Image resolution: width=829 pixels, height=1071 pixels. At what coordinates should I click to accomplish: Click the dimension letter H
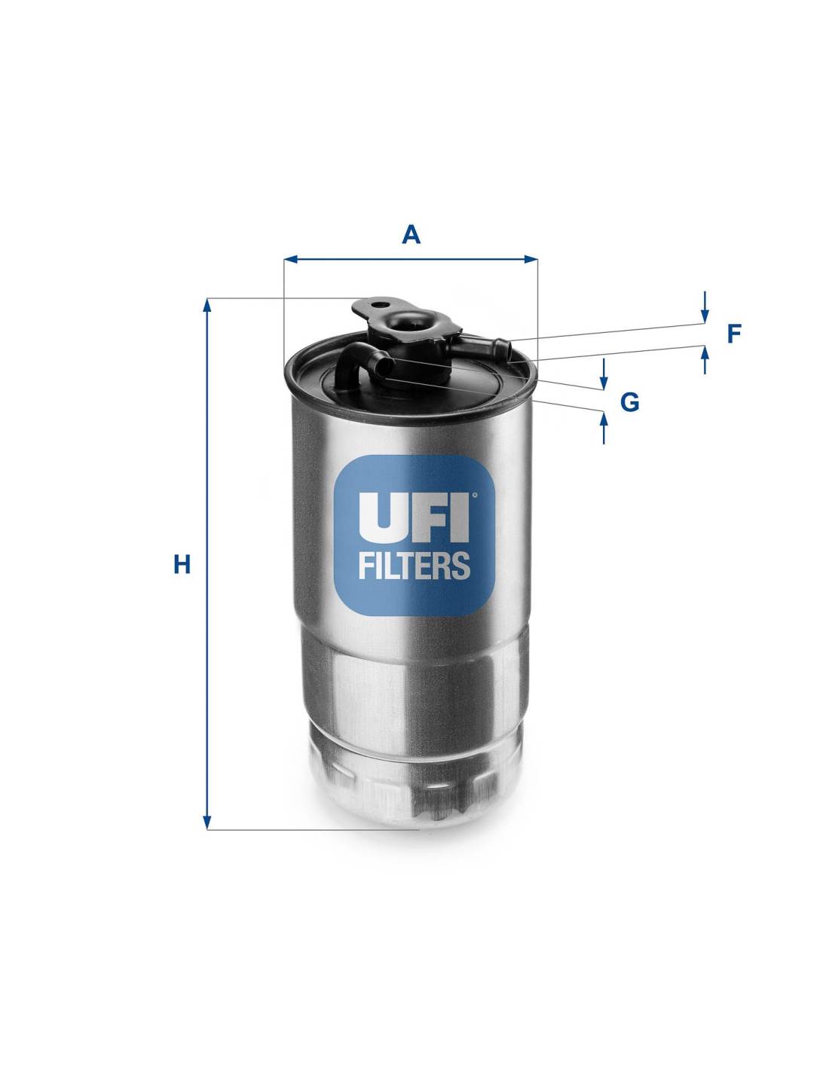coord(182,564)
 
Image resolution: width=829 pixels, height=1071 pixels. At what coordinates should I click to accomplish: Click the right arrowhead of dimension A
coord(531,259)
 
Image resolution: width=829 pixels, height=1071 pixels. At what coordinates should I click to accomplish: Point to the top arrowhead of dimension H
coord(207,305)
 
